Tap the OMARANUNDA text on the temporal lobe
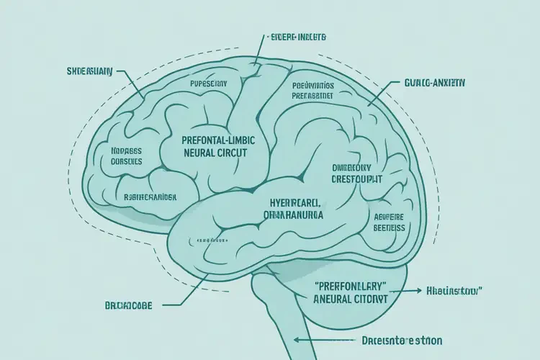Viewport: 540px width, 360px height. pyautogui.click(x=292, y=215)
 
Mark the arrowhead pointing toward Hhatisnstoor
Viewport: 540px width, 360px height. pyautogui.click(x=417, y=292)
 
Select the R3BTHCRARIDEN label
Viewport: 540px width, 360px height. pyautogui.click(x=150, y=195)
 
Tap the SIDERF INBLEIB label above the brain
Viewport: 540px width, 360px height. pyautogui.click(x=297, y=35)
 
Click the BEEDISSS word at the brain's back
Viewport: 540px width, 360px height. pyautogui.click(x=389, y=228)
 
